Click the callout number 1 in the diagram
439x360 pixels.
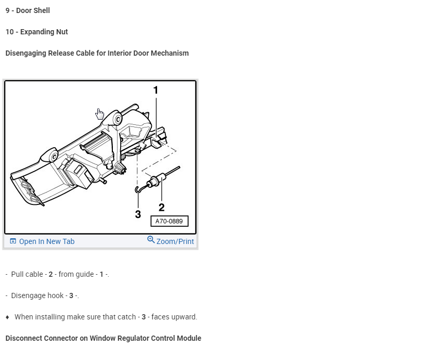[156, 90]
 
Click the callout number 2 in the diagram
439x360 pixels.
[161, 207]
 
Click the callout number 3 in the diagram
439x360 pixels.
[138, 214]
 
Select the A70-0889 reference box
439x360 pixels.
[169, 221]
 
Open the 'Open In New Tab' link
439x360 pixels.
[46, 241]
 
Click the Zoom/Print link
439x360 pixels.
[175, 241]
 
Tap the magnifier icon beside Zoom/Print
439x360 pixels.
[151, 240]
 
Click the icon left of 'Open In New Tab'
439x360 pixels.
[13, 241]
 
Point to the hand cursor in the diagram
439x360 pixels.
[100, 114]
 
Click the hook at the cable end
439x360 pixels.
[137, 189]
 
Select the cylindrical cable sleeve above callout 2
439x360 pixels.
[155, 181]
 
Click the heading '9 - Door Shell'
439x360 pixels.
[28, 10]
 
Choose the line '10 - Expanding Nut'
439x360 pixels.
[36, 32]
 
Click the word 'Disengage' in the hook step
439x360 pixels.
[28, 295]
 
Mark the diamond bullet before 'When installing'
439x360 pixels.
[7, 317]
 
